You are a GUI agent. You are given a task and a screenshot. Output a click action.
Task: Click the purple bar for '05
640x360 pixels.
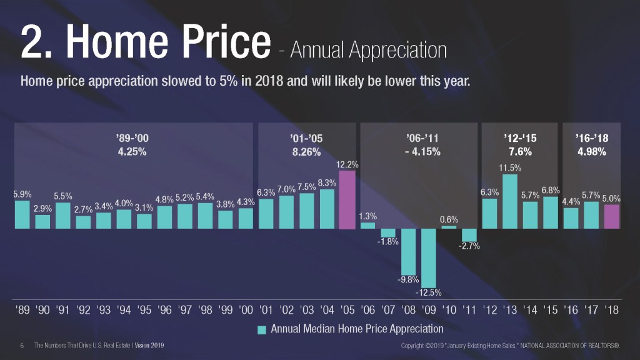(347, 199)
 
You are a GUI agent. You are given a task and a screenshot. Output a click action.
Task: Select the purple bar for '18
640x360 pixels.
(612, 216)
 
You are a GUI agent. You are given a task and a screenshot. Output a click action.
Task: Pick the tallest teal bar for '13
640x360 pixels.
(510, 201)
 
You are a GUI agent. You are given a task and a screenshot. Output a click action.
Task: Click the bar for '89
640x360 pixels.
(22, 214)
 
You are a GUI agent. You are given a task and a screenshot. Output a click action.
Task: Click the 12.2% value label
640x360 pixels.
(347, 164)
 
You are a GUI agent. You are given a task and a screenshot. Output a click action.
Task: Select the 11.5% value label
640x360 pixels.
(510, 168)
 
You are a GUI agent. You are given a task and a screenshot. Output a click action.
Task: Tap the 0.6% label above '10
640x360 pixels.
(449, 219)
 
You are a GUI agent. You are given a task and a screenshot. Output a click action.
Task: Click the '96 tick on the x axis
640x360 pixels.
(165, 311)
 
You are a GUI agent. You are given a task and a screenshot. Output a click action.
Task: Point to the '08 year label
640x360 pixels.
(409, 311)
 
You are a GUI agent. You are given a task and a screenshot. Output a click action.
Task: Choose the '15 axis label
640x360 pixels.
(551, 311)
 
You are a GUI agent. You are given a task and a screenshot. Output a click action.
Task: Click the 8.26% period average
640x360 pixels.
(306, 152)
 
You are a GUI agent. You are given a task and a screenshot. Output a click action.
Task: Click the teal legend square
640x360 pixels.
(262, 329)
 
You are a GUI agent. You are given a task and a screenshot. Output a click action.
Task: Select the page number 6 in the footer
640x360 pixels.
(22, 346)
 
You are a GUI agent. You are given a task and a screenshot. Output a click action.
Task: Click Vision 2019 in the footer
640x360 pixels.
(149, 346)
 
